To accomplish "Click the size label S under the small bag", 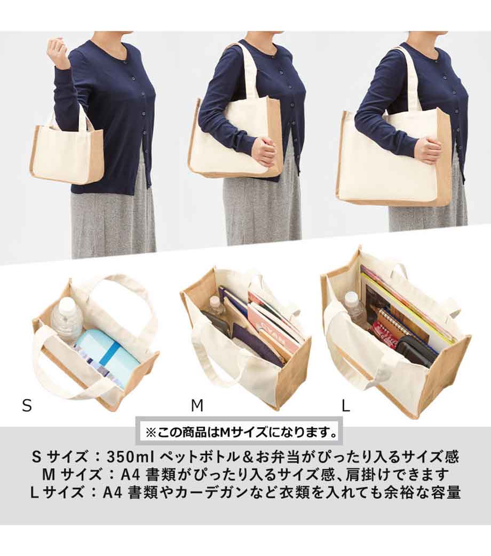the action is [x=27, y=405].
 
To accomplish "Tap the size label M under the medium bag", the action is [x=197, y=405].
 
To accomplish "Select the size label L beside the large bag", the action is [x=345, y=405].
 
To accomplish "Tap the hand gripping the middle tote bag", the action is [x=264, y=150].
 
